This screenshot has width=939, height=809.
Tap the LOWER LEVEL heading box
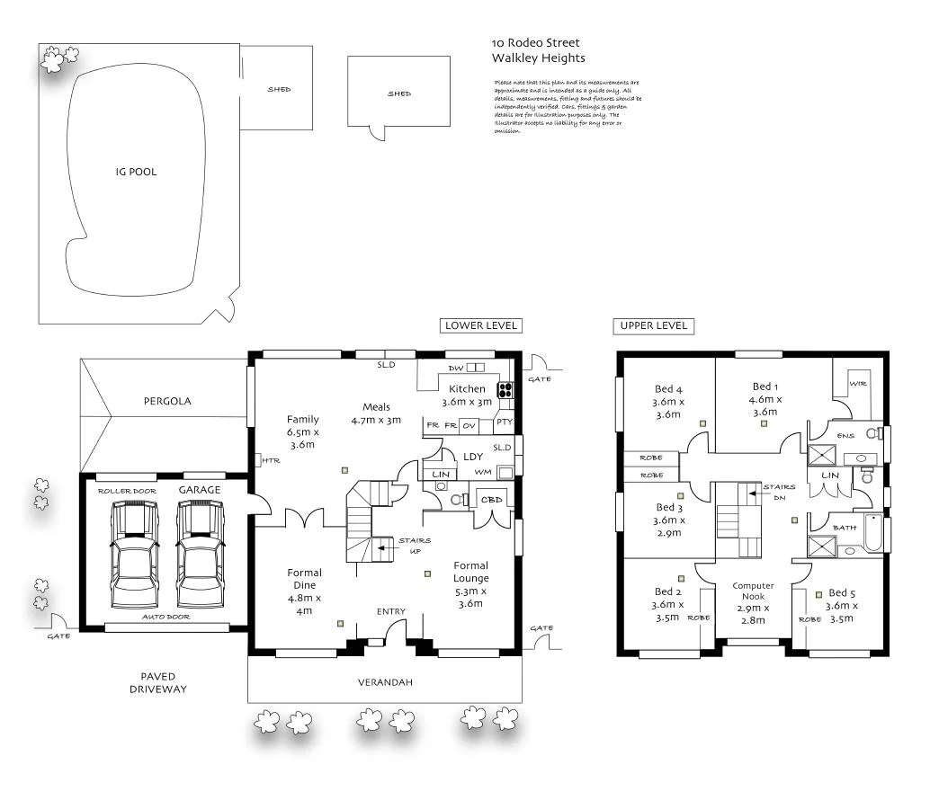coord(481,325)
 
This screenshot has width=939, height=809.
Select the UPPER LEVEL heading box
coord(654,325)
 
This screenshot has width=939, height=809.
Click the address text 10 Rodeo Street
coord(535,42)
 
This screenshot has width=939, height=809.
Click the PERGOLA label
coord(167,401)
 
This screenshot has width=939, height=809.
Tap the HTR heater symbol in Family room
coord(267,460)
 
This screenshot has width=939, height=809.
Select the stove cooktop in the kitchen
coord(505,390)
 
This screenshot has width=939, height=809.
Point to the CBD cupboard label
coord(491,500)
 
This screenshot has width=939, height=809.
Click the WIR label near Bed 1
coord(857,383)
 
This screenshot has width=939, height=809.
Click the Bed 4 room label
coord(669,402)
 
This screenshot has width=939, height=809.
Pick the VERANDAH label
coord(384,682)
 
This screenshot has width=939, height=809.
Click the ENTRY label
coord(391,612)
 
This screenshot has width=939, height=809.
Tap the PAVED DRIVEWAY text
coord(157,682)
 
